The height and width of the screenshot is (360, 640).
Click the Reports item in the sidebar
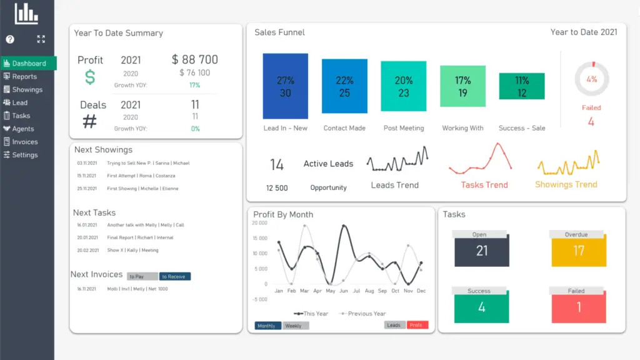click(24, 77)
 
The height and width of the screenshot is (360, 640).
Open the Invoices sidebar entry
click(25, 142)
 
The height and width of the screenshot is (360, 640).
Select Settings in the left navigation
click(25, 155)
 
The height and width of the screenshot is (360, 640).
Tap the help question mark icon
click(10, 39)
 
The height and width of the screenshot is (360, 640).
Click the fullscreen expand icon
click(41, 39)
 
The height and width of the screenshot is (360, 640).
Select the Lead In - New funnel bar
click(285, 86)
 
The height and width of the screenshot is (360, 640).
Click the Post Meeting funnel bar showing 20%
click(403, 86)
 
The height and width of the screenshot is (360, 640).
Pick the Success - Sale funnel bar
click(521, 86)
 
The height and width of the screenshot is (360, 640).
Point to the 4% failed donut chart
click(591, 79)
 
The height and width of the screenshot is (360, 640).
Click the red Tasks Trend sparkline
click(484, 159)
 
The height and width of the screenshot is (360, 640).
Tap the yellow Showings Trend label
click(566, 184)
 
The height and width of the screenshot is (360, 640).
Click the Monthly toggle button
click(267, 326)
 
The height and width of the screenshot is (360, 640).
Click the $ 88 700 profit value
click(195, 60)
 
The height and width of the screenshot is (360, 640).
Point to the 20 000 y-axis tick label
click(259, 223)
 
